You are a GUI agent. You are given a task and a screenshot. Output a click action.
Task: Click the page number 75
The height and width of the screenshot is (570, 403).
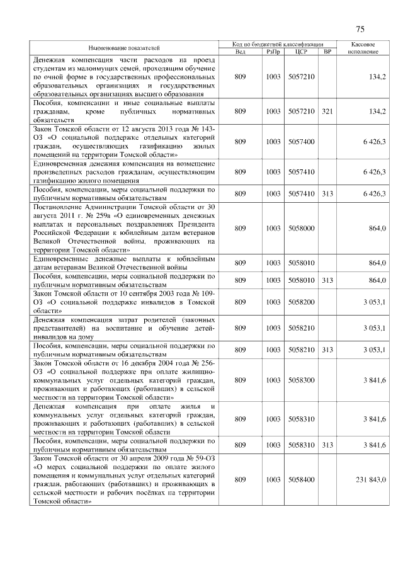[360, 29]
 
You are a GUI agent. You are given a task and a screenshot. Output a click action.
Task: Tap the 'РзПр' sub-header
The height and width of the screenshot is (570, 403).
[273, 52]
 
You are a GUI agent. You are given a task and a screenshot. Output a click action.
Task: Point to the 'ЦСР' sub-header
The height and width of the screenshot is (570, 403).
[300, 52]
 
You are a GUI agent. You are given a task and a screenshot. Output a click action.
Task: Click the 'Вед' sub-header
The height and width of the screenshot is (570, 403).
[240, 52]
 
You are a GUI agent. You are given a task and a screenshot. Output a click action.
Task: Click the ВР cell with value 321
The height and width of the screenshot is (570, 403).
[327, 111]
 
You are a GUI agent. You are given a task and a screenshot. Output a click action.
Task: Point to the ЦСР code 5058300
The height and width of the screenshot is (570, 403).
[300, 380]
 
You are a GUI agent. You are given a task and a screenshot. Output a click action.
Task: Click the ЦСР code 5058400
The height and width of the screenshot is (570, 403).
[300, 479]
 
